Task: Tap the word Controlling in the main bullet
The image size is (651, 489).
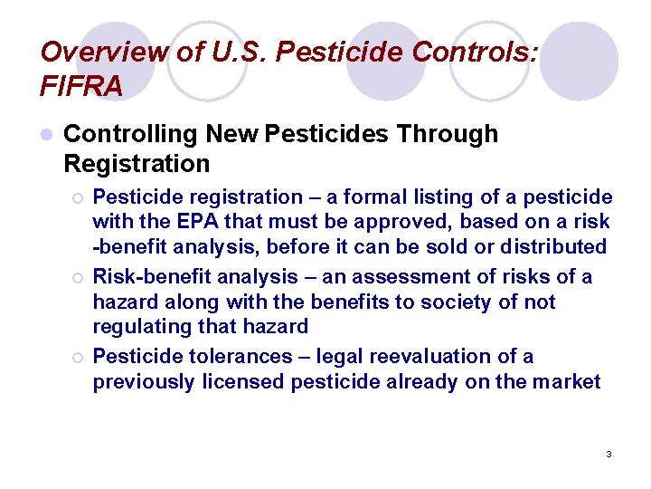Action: (x=130, y=134)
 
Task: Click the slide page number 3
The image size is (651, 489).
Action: (x=609, y=454)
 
